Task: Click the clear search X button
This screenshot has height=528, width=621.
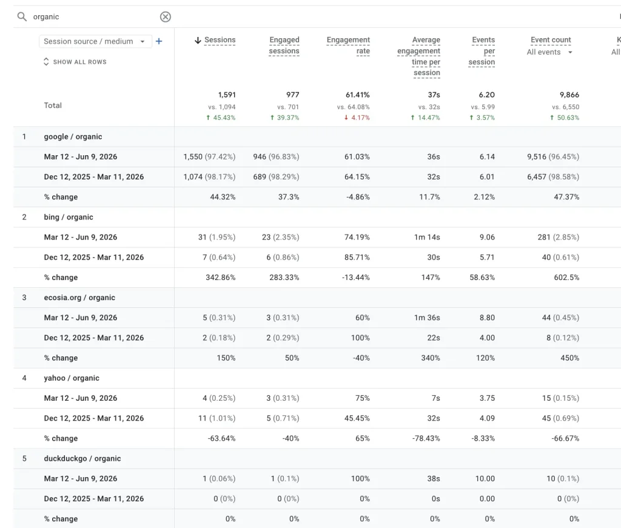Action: [x=166, y=16]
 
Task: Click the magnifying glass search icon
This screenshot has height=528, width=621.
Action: [x=22, y=16]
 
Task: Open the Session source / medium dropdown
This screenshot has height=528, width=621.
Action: [x=95, y=41]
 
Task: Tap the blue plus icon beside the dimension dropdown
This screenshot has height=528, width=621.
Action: [x=159, y=41]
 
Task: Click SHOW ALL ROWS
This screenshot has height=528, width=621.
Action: [x=75, y=62]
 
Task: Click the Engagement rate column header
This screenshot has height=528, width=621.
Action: [x=348, y=45]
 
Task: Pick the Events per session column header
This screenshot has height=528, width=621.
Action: [x=482, y=51]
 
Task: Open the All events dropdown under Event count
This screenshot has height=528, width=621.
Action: [x=549, y=52]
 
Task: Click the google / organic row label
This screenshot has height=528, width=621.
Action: [x=73, y=136]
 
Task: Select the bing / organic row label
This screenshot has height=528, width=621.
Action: [x=69, y=217]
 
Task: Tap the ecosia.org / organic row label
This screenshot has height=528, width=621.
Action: [x=79, y=298]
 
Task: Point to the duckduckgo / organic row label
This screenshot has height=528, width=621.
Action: [x=82, y=458]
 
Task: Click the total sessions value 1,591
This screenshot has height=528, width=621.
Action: [x=227, y=95]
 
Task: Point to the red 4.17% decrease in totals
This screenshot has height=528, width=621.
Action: [x=357, y=118]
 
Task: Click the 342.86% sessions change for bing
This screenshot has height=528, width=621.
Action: [x=221, y=278]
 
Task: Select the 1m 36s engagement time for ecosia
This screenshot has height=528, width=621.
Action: [x=427, y=318]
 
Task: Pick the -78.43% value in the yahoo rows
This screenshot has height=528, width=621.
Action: [x=426, y=438]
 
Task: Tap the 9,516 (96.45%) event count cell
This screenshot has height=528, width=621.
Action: [x=553, y=157]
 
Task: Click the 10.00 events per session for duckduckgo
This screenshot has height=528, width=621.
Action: [x=485, y=478]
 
